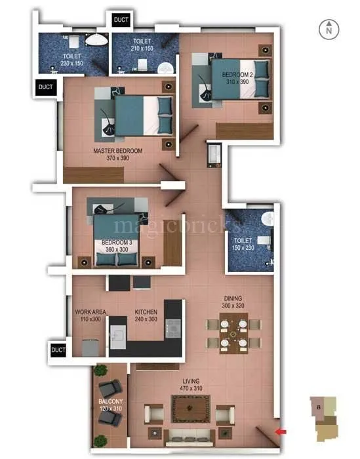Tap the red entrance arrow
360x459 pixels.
pyautogui.click(x=281, y=431)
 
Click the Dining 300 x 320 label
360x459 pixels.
pyautogui.click(x=233, y=301)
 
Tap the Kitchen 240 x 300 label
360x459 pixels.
pyautogui.click(x=147, y=315)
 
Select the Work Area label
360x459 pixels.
pyautogui.click(x=90, y=315)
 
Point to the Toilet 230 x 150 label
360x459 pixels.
pyautogui.click(x=73, y=60)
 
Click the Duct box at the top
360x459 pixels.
pyautogui.click(x=121, y=20)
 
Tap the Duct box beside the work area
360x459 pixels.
pyautogui.click(x=59, y=349)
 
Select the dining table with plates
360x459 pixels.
pyautogui.click(x=233, y=333)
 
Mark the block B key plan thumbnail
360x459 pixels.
pyautogui.click(x=325, y=419)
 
